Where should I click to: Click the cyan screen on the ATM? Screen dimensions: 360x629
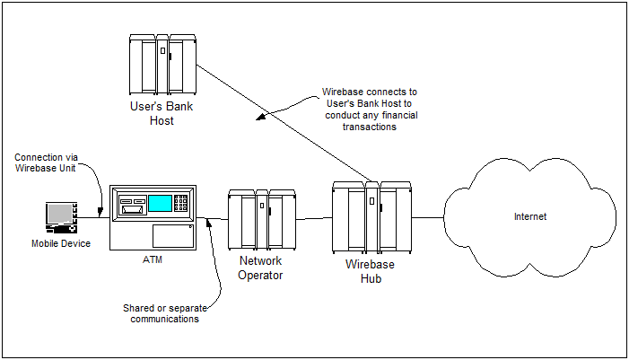161,202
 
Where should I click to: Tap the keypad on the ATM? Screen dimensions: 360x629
182,203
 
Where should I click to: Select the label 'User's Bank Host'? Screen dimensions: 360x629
162,113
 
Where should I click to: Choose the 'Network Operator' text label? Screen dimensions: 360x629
260,268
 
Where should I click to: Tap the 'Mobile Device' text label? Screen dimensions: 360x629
61,243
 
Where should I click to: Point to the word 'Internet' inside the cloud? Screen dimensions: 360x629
529,216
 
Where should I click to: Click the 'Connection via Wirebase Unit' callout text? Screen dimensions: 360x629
47,162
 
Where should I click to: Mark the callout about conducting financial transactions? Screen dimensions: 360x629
370,109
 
